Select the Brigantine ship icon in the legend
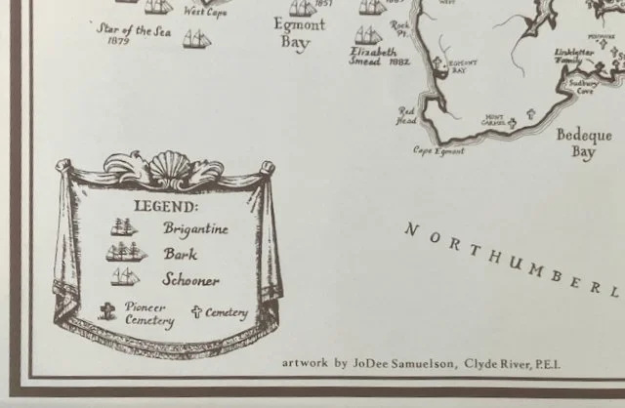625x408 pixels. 124,227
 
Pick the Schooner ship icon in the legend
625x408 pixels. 125,277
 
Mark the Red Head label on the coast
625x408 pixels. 406,116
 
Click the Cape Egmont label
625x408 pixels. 437,150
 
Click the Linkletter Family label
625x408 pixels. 575,56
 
